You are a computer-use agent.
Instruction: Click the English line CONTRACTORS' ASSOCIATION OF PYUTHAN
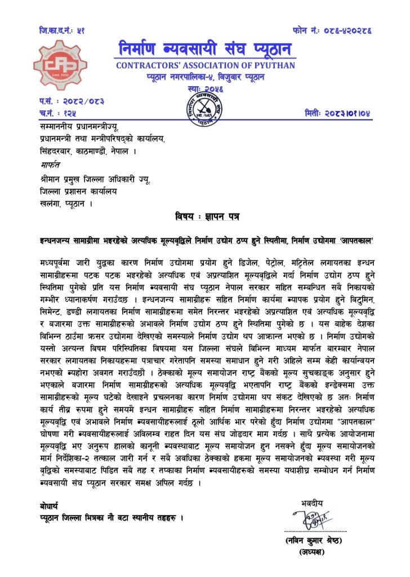206,66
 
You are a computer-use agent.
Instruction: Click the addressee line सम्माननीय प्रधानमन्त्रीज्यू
79,128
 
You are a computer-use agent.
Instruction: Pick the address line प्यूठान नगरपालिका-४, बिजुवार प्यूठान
206,77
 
